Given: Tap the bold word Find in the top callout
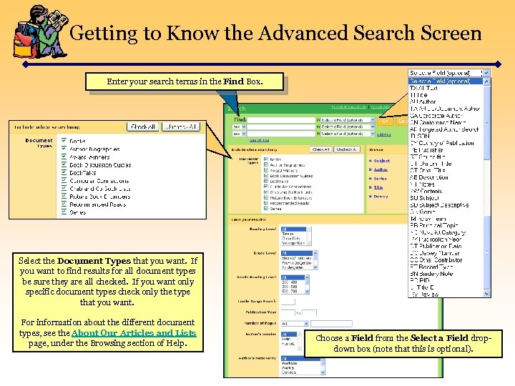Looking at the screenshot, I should coord(233,81).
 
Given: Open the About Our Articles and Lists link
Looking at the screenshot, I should coord(134,333).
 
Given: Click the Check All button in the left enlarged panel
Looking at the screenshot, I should coord(143,127).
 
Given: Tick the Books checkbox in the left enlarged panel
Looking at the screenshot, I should coord(64,142).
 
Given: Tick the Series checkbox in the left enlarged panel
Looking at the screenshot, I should coord(64,212).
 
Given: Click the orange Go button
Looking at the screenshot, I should coord(384,120).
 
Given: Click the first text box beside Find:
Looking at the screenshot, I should coord(280,120).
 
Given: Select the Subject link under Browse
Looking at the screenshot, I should coord(381,161).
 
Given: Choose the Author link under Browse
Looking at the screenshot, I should coord(381,169).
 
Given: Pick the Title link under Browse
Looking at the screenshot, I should coord(378,187).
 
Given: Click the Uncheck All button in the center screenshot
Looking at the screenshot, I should coord(346,149).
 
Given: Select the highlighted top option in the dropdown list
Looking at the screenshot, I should coord(448,81).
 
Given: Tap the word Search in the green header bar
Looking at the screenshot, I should coord(236,108).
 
